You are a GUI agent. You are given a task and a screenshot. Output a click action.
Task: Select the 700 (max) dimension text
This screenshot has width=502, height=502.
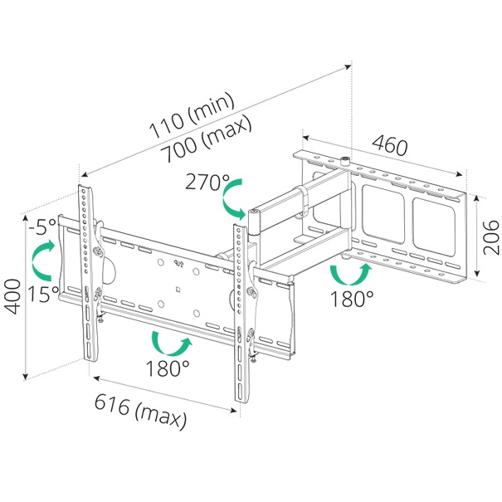(x=206, y=139)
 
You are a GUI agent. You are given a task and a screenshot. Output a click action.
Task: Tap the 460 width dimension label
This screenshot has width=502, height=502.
(x=390, y=145)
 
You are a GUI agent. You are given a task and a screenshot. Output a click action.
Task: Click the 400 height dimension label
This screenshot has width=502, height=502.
(x=12, y=296)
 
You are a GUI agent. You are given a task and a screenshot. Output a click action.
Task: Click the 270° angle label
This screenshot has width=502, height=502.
(x=207, y=182)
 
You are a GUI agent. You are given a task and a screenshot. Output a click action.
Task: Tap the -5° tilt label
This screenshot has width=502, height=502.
(x=42, y=227)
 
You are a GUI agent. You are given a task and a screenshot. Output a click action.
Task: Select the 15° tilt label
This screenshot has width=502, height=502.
(x=43, y=294)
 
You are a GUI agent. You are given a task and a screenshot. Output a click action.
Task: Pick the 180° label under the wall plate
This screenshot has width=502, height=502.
(x=352, y=299)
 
